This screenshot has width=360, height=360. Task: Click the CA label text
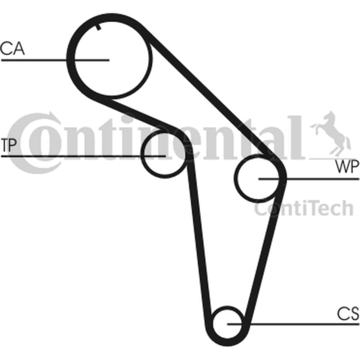click(12, 48)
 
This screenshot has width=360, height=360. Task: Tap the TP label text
click(9, 145)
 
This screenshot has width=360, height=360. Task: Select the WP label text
click(347, 167)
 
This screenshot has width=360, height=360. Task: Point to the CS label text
click(348, 314)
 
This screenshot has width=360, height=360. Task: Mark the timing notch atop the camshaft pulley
click(98, 27)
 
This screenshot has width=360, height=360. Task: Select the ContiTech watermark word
click(303, 208)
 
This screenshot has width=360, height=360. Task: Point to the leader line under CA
click(55, 60)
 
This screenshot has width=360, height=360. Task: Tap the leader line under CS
click(293, 324)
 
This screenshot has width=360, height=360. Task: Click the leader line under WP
click(309, 179)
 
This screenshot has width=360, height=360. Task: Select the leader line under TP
click(83, 156)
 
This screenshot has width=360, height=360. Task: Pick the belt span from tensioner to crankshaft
click(199, 239)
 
